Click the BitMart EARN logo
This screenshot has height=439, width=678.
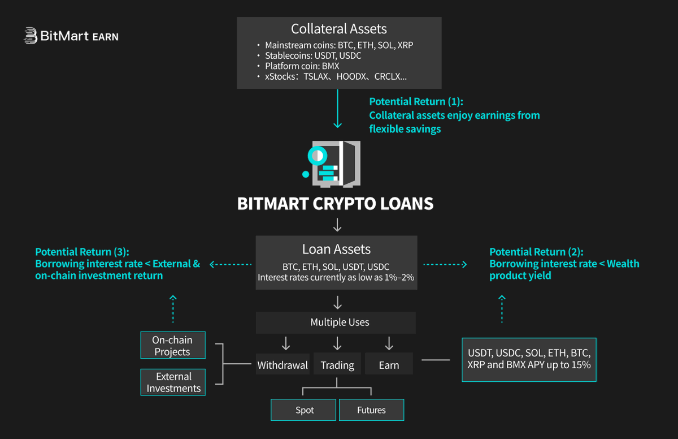(x=71, y=36)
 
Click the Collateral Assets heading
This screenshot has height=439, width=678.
(x=339, y=29)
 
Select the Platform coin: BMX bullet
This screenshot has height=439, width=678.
(x=302, y=66)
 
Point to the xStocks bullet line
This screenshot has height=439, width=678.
(x=336, y=76)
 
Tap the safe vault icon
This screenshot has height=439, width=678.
(x=333, y=163)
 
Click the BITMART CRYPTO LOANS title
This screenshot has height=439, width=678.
(x=336, y=204)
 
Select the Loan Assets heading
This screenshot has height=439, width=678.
(x=336, y=249)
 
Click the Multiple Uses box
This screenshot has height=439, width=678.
(x=336, y=322)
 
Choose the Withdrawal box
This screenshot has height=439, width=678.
(x=282, y=365)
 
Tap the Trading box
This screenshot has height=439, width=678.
(x=337, y=365)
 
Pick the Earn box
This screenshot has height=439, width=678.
(x=389, y=365)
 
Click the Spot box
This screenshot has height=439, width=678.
(x=304, y=410)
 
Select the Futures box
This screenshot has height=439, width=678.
(x=371, y=410)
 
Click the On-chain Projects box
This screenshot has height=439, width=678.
(x=172, y=346)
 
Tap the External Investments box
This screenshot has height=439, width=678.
(x=173, y=382)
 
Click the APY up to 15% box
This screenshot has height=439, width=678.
(x=529, y=359)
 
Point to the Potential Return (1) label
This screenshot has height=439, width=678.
(x=416, y=102)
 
